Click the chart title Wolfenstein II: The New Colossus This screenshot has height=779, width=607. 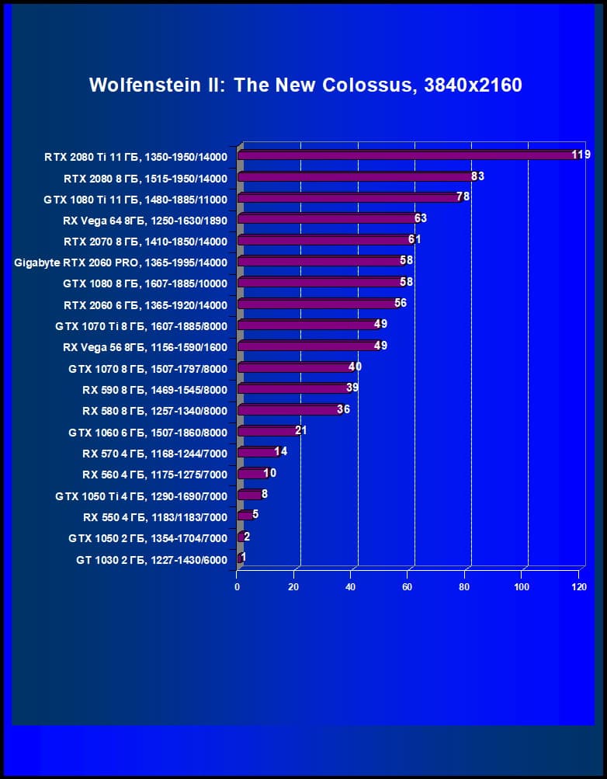pos(305,85)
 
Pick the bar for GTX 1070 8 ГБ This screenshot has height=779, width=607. pos(295,367)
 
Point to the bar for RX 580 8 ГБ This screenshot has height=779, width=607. pos(290,409)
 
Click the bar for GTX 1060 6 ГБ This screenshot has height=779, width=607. pos(268,431)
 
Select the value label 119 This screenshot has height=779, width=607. pos(581,155)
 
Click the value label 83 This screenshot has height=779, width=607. pos(477,176)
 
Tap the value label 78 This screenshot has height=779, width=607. pos(463,197)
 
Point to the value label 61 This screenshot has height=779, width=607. pos(414,239)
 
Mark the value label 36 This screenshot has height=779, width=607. pos(343,409)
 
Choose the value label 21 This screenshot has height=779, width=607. pos(300,430)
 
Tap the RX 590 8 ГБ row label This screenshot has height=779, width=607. pos(154,390)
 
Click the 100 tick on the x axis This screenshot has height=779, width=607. pos(522,587)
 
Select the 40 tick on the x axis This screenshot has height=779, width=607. pos(350,587)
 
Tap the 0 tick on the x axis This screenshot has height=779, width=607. pos(238,587)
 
